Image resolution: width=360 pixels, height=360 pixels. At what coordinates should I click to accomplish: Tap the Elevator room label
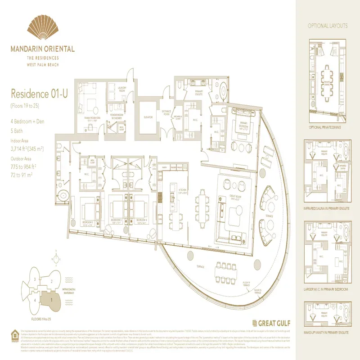(x=148, y=117)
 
